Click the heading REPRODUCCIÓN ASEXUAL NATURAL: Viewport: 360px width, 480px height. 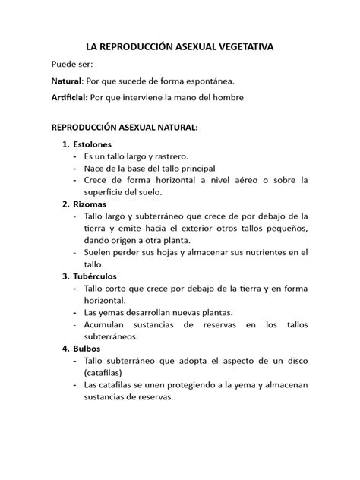pyautogui.click(x=124, y=128)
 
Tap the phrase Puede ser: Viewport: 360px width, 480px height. pyautogui.click(x=71, y=65)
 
